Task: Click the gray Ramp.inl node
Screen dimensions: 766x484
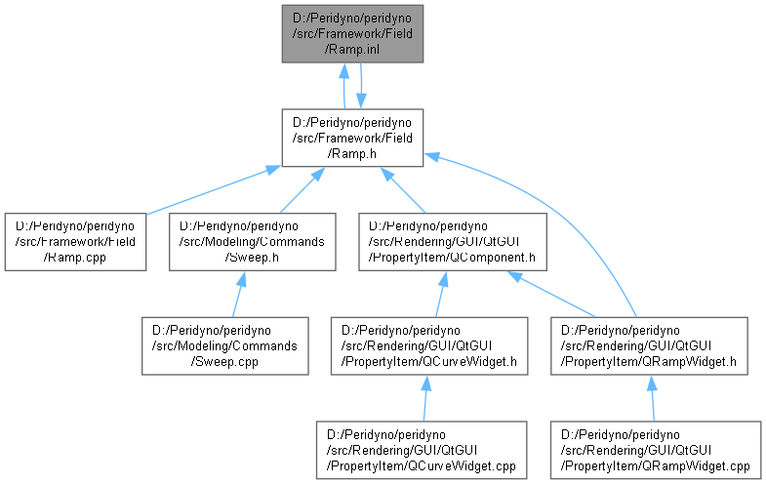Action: coord(352,34)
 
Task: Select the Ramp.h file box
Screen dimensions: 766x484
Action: coord(352,138)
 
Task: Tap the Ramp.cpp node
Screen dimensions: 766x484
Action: coord(75,242)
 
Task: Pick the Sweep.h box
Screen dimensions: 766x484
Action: coord(252,242)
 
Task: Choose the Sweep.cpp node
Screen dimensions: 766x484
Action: coord(224,345)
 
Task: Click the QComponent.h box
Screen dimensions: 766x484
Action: coord(453,242)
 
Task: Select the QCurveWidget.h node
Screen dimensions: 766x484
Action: coord(429,345)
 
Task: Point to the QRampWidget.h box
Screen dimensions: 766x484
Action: coord(649,345)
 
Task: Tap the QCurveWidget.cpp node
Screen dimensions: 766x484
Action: coord(422,450)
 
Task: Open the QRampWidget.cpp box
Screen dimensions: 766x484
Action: coord(656,450)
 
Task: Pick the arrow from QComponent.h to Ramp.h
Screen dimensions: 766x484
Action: coord(403,190)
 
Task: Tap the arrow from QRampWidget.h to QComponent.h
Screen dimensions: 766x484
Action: coord(551,295)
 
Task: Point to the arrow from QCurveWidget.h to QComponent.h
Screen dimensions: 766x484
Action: coord(441,295)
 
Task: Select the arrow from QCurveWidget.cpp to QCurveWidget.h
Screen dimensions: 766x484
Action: coord(425,398)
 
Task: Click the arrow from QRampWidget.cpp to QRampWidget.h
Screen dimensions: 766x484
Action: coord(653,398)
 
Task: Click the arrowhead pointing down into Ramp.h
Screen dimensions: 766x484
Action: coord(361,101)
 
